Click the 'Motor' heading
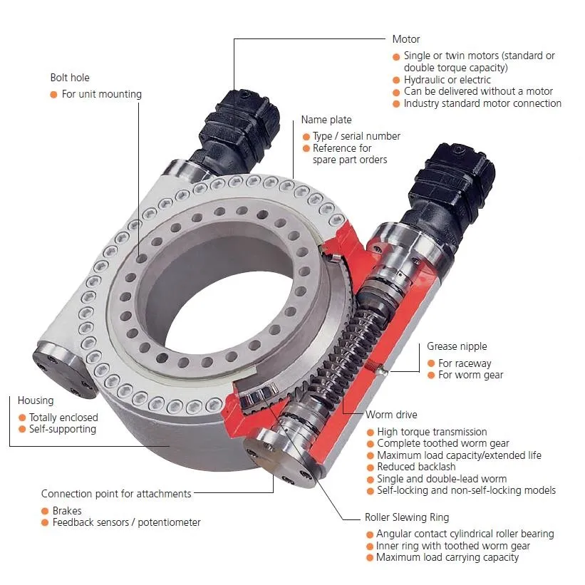[x=406, y=39]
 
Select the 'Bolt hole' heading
[x=70, y=78]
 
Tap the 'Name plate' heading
[x=326, y=120]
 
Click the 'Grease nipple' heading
[x=457, y=347]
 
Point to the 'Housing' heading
[x=36, y=400]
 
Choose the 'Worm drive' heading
[x=391, y=415]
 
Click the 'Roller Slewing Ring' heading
[x=407, y=517]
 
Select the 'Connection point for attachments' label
[x=116, y=494]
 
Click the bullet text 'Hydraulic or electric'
[x=447, y=80]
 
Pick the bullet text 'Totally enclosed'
[x=63, y=418]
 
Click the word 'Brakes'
[x=67, y=511]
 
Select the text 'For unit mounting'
[x=102, y=94]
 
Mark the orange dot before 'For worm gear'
[x=431, y=375]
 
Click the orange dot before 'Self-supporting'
[x=22, y=429]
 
